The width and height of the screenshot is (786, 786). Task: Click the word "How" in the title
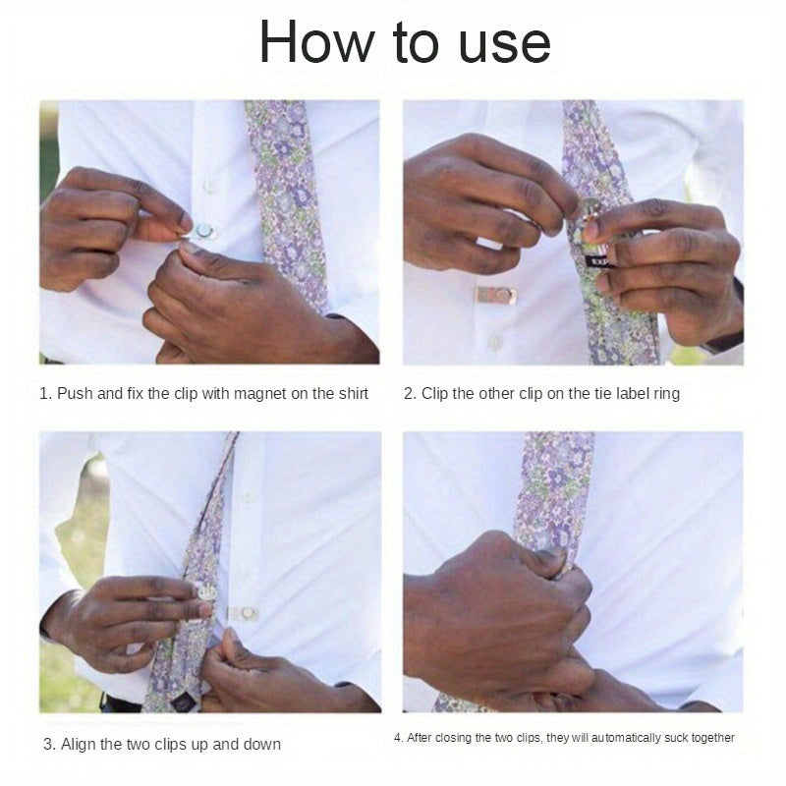(x=316, y=41)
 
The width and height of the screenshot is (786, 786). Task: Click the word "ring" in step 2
(x=666, y=395)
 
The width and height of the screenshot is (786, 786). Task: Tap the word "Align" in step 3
(x=79, y=745)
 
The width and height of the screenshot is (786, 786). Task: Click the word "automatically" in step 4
(x=626, y=738)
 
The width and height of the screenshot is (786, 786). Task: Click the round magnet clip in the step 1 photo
(x=204, y=231)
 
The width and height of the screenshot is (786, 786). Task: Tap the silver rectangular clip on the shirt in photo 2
(x=496, y=296)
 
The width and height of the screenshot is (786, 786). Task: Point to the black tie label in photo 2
(x=597, y=261)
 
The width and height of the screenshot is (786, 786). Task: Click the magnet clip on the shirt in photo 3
(x=244, y=612)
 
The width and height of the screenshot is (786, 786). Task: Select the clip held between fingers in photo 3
(x=206, y=592)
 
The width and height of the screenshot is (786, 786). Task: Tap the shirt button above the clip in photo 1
(x=211, y=186)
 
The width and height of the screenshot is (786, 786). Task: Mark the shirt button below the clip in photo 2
(x=494, y=342)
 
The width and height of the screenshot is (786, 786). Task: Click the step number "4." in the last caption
(x=398, y=738)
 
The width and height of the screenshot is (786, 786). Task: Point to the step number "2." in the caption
(x=410, y=394)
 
